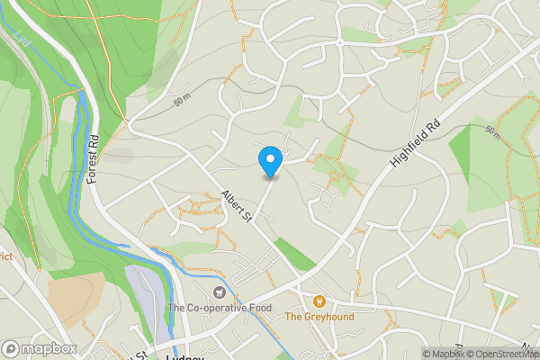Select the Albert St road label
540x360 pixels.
click(x=236, y=209)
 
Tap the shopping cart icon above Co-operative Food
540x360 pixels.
click(x=220, y=292)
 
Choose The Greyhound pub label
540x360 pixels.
click(x=319, y=317)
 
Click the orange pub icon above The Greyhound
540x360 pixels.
click(x=319, y=301)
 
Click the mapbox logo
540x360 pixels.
click(x=40, y=349)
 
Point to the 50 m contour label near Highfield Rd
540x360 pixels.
click(x=491, y=132)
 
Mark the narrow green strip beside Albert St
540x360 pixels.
click(x=294, y=254)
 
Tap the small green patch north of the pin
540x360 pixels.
click(x=297, y=112)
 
